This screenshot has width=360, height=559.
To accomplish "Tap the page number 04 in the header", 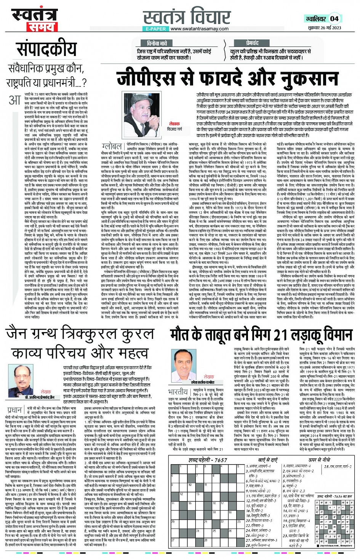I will pyautogui.click(x=334, y=18).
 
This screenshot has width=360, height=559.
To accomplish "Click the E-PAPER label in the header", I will pyautogui.click(x=155, y=29).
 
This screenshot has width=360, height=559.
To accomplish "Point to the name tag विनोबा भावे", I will pyautogui.click(x=157, y=43).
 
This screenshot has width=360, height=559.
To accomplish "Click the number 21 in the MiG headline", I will pyautogui.click(x=280, y=335).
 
